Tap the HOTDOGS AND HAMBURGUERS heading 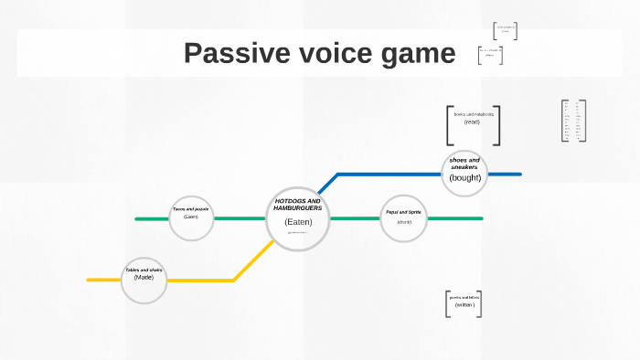pyautogui.click(x=298, y=204)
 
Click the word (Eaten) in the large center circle pyautogui.click(x=298, y=222)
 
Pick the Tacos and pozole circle pyautogui.click(x=191, y=218)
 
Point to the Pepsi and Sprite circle pyautogui.click(x=403, y=218)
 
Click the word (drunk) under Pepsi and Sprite pyautogui.click(x=403, y=222)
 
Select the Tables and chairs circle pyautogui.click(x=144, y=280)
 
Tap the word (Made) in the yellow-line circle pyautogui.click(x=144, y=277)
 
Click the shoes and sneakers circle pyautogui.click(x=464, y=173)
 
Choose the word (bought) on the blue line pyautogui.click(x=464, y=177)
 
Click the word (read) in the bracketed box pyautogui.click(x=472, y=122)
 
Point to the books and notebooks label pyautogui.click(x=473, y=114)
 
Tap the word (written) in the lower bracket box pyautogui.click(x=464, y=305)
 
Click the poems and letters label pyautogui.click(x=464, y=298)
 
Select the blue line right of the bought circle pyautogui.click(x=504, y=174)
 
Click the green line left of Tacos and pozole pyautogui.click(x=151, y=219)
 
